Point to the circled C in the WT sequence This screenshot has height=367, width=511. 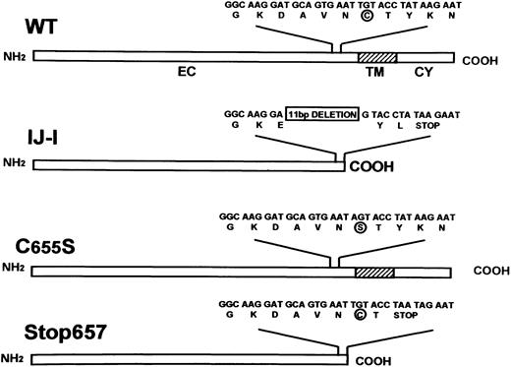(x=367, y=17)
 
